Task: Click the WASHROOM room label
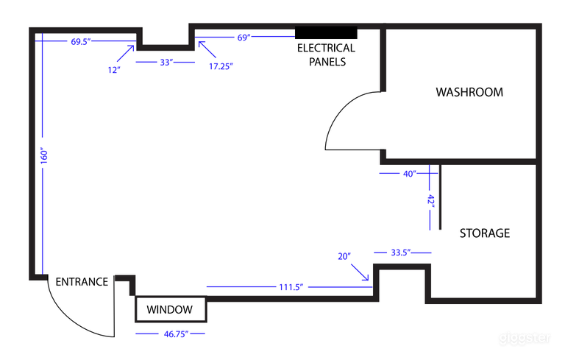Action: tap(469, 93)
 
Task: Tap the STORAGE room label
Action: tap(484, 233)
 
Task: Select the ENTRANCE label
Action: tap(82, 282)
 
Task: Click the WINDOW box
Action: tap(170, 310)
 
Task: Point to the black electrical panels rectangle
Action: tap(326, 33)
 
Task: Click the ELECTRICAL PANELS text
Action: tap(325, 55)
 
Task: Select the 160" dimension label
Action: tap(44, 156)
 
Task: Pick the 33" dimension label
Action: tap(166, 63)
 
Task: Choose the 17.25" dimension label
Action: tap(221, 66)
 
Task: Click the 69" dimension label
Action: tap(243, 37)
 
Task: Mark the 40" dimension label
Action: tap(409, 174)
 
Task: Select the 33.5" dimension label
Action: tap(401, 253)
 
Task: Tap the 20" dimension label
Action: tap(344, 256)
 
